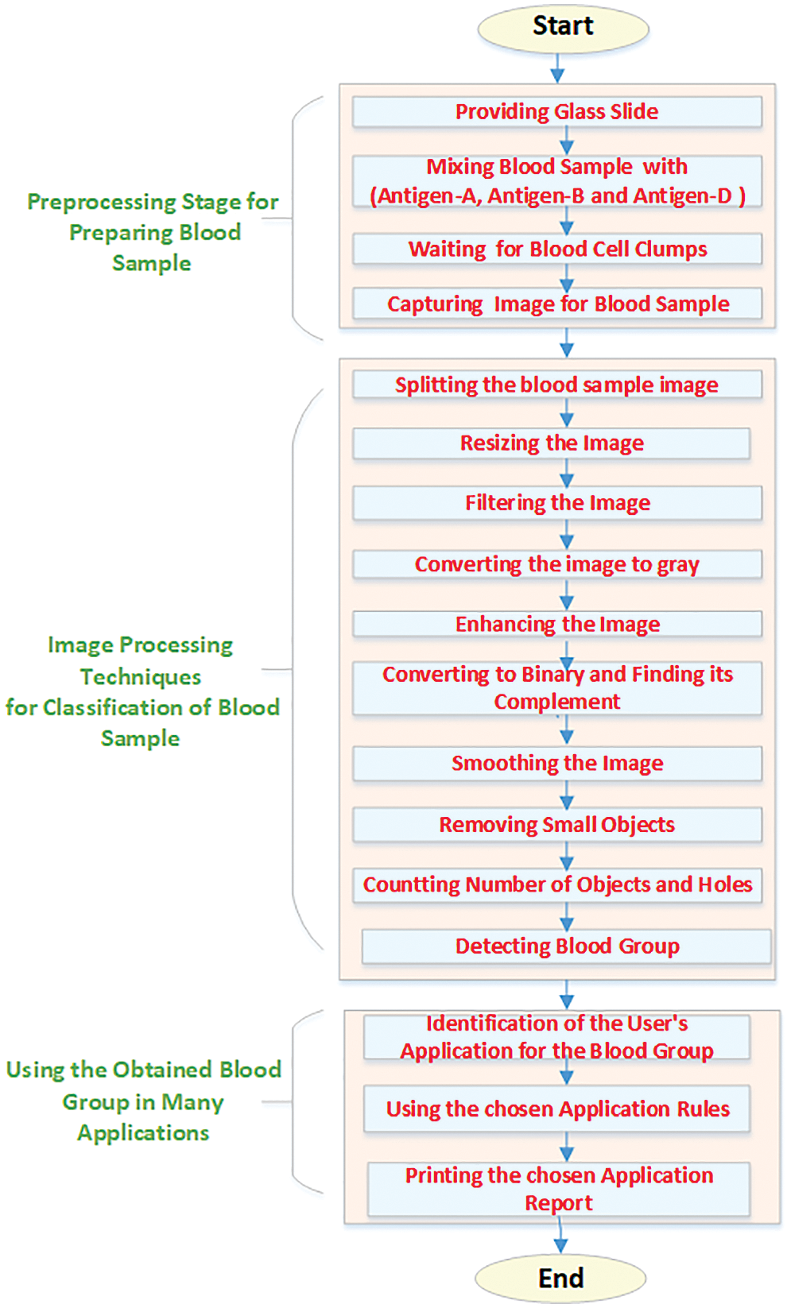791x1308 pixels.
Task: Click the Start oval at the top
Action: click(563, 28)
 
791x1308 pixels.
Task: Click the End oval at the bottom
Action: click(560, 1278)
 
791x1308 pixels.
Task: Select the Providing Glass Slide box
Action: click(556, 112)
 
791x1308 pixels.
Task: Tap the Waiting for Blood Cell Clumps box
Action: click(556, 249)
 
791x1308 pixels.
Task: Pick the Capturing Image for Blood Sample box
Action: click(556, 304)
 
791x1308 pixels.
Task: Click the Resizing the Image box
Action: click(552, 443)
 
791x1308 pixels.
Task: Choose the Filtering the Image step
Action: click(556, 503)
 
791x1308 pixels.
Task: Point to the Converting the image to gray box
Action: click(556, 564)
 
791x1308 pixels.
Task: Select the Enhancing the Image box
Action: click(556, 625)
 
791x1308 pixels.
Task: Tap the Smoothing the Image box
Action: click(556, 764)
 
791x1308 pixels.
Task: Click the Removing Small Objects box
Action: click(556, 825)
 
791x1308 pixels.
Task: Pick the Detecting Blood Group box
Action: click(567, 946)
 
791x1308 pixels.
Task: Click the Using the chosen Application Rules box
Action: click(556, 1109)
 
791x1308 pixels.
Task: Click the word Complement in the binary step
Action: click(556, 702)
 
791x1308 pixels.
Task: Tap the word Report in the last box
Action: click(558, 1203)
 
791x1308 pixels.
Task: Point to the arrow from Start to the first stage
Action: click(557, 68)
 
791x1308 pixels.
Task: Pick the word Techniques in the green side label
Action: click(141, 677)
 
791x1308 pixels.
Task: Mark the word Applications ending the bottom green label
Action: click(143, 1133)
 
